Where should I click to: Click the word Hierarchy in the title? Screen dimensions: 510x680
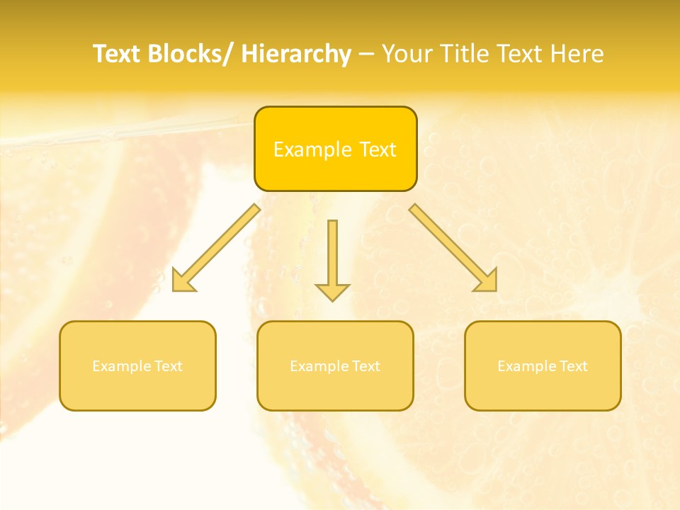coord(296,54)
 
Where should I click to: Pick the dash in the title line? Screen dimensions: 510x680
coord(365,54)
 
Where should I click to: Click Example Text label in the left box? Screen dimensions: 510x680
coord(137,366)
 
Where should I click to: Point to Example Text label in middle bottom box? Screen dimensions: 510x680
coord(335,366)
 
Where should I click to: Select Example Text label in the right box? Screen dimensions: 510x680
coord(543,366)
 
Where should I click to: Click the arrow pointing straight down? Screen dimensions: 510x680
coord(332,255)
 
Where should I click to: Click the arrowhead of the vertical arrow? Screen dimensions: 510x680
coord(332,291)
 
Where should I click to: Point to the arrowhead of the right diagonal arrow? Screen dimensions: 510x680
coord(486,280)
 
